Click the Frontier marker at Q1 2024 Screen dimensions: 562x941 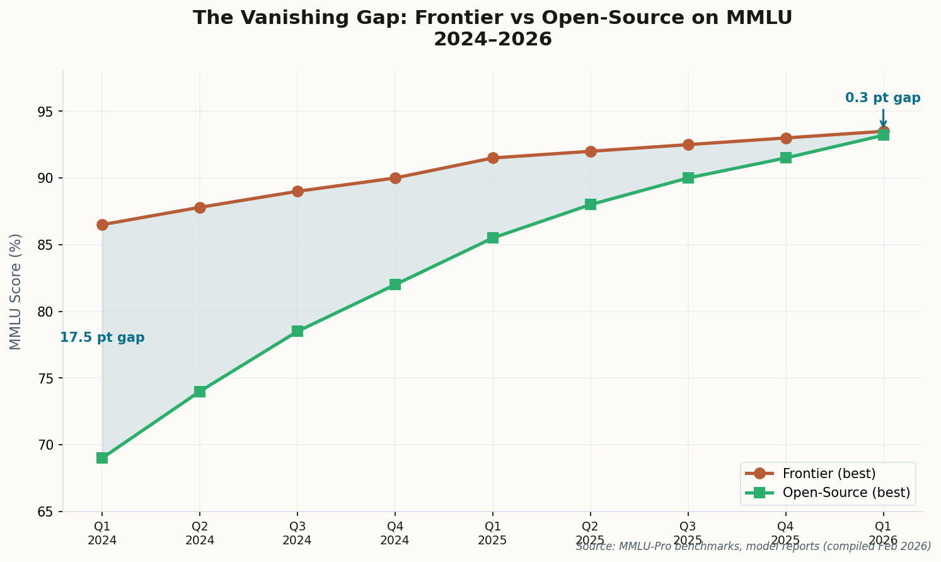click(102, 225)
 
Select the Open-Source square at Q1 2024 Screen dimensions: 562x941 click(102, 458)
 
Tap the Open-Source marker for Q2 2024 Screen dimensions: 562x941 click(200, 392)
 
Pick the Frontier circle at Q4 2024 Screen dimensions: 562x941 click(395, 178)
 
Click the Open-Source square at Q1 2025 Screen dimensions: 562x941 click(493, 238)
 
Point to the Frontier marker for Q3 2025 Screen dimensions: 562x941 click(688, 144)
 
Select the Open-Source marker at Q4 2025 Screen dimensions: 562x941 click(786, 158)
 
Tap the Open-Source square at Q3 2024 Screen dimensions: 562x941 click(297, 331)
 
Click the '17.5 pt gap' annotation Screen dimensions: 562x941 click(102, 338)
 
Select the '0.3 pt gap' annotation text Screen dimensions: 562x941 click(882, 98)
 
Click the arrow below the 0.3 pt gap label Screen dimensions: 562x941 click(883, 118)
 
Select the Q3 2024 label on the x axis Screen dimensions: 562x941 click(297, 534)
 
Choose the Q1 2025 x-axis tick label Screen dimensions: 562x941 click(493, 534)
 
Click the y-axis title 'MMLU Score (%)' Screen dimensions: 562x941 click(16, 291)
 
